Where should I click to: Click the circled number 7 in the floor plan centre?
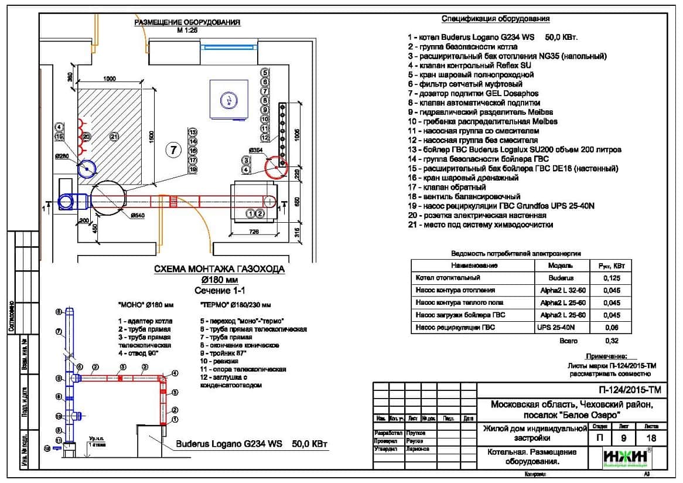(173, 150)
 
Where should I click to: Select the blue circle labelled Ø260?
(87, 169)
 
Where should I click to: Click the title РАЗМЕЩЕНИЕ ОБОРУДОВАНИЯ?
(187, 23)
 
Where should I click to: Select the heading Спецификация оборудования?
(496, 19)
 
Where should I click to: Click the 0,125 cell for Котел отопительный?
(609, 278)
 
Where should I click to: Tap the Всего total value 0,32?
(610, 341)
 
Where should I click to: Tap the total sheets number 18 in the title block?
(650, 437)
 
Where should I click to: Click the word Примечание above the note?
(606, 356)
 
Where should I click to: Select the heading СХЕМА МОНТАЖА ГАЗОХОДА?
(219, 270)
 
